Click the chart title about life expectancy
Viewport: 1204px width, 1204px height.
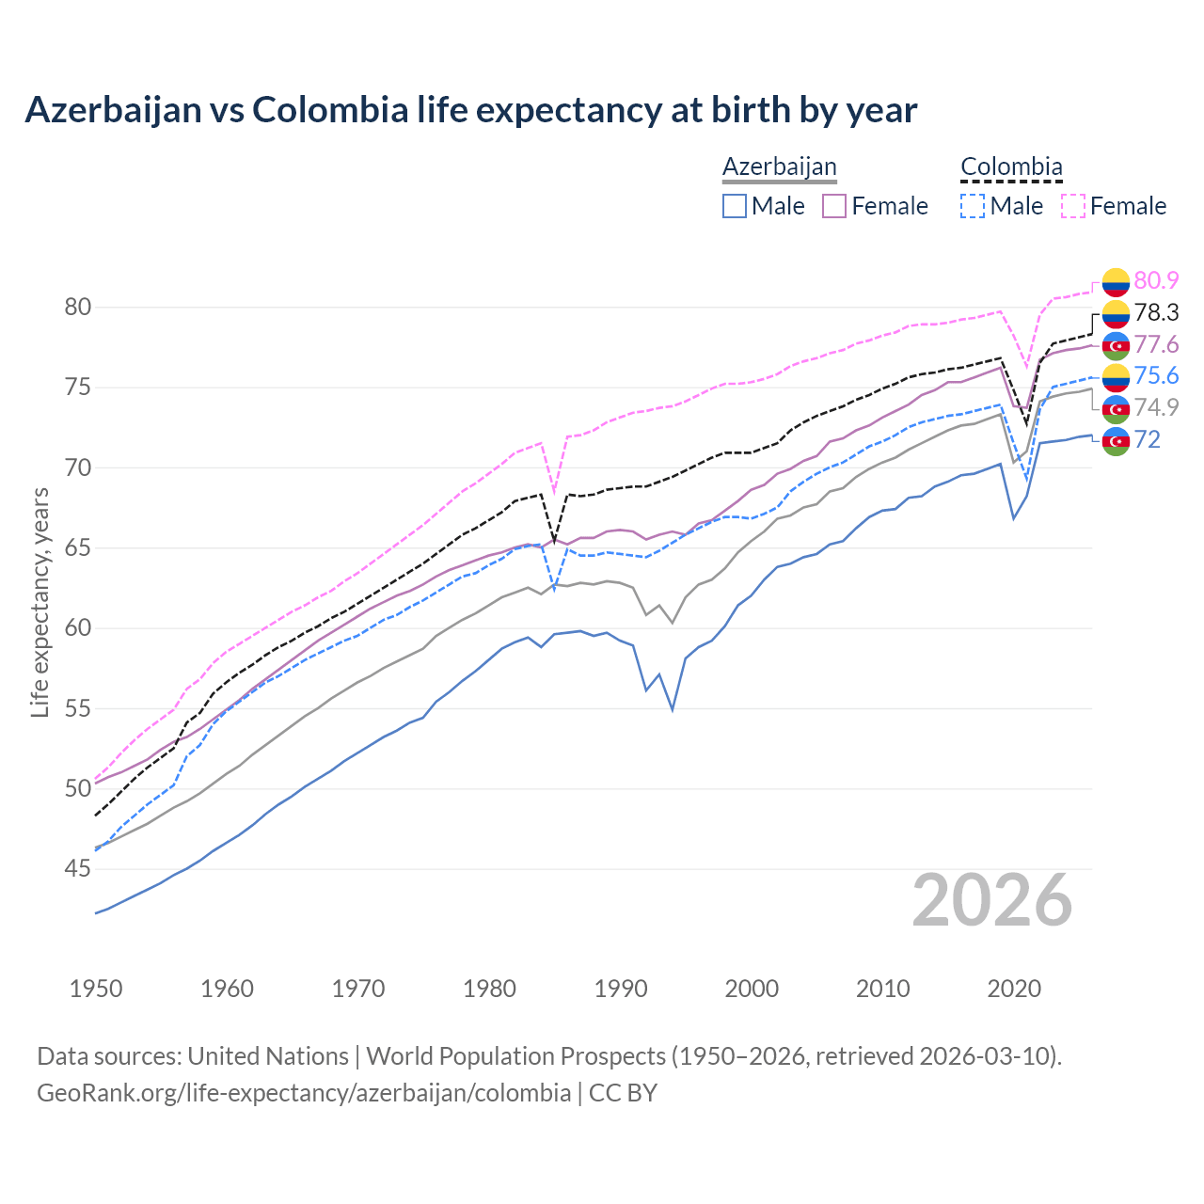click(x=470, y=110)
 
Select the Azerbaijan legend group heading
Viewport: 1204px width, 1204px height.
click(x=779, y=166)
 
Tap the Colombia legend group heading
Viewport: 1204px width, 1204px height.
click(x=1011, y=166)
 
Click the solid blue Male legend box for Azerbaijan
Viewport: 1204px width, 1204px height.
click(x=735, y=206)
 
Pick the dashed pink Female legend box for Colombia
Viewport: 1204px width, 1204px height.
click(x=1073, y=206)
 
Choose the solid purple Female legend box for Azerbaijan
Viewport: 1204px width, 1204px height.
click(x=835, y=206)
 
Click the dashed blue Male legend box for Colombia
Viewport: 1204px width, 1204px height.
click(x=973, y=206)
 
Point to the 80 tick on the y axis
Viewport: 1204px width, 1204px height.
click(x=77, y=308)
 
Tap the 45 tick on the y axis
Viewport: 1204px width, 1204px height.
click(x=77, y=869)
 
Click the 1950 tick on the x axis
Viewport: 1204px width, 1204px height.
click(x=96, y=989)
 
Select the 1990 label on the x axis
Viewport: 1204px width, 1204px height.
click(x=621, y=989)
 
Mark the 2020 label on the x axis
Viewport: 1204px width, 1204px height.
click(x=1014, y=989)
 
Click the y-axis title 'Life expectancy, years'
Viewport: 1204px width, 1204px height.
click(x=40, y=602)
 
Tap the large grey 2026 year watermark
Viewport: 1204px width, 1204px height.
click(x=992, y=900)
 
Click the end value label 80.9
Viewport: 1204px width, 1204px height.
click(x=1156, y=280)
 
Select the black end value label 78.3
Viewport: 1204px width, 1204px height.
click(x=1156, y=312)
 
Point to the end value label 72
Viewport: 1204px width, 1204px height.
click(x=1147, y=439)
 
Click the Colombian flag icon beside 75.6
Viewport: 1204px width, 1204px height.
click(x=1116, y=376)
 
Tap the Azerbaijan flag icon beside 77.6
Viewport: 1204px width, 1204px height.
click(x=1116, y=344)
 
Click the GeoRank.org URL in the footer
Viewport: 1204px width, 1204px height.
click(x=304, y=1093)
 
